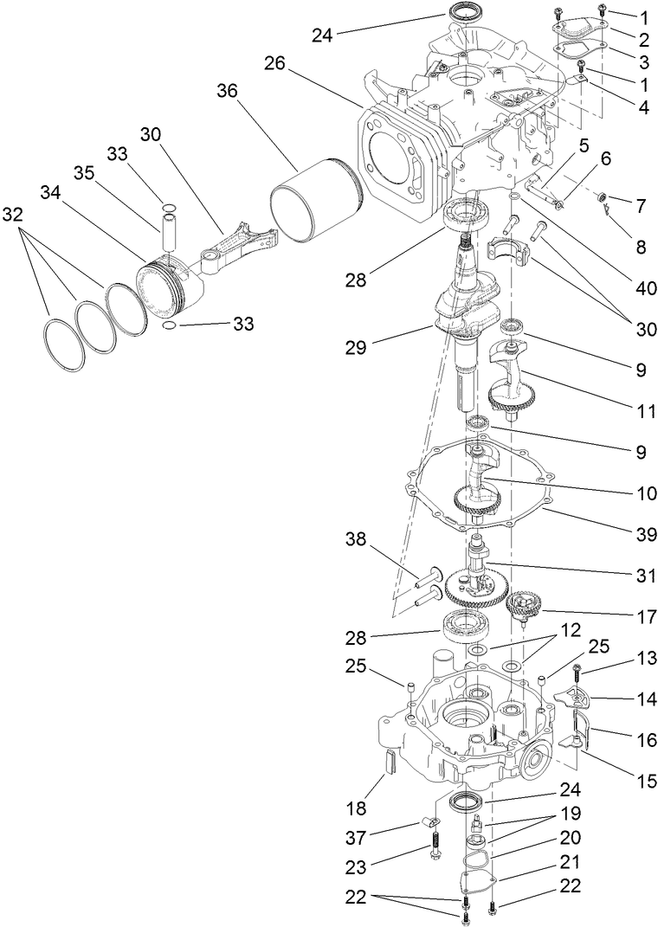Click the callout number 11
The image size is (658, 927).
point(640,412)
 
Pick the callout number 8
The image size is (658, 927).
point(640,247)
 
